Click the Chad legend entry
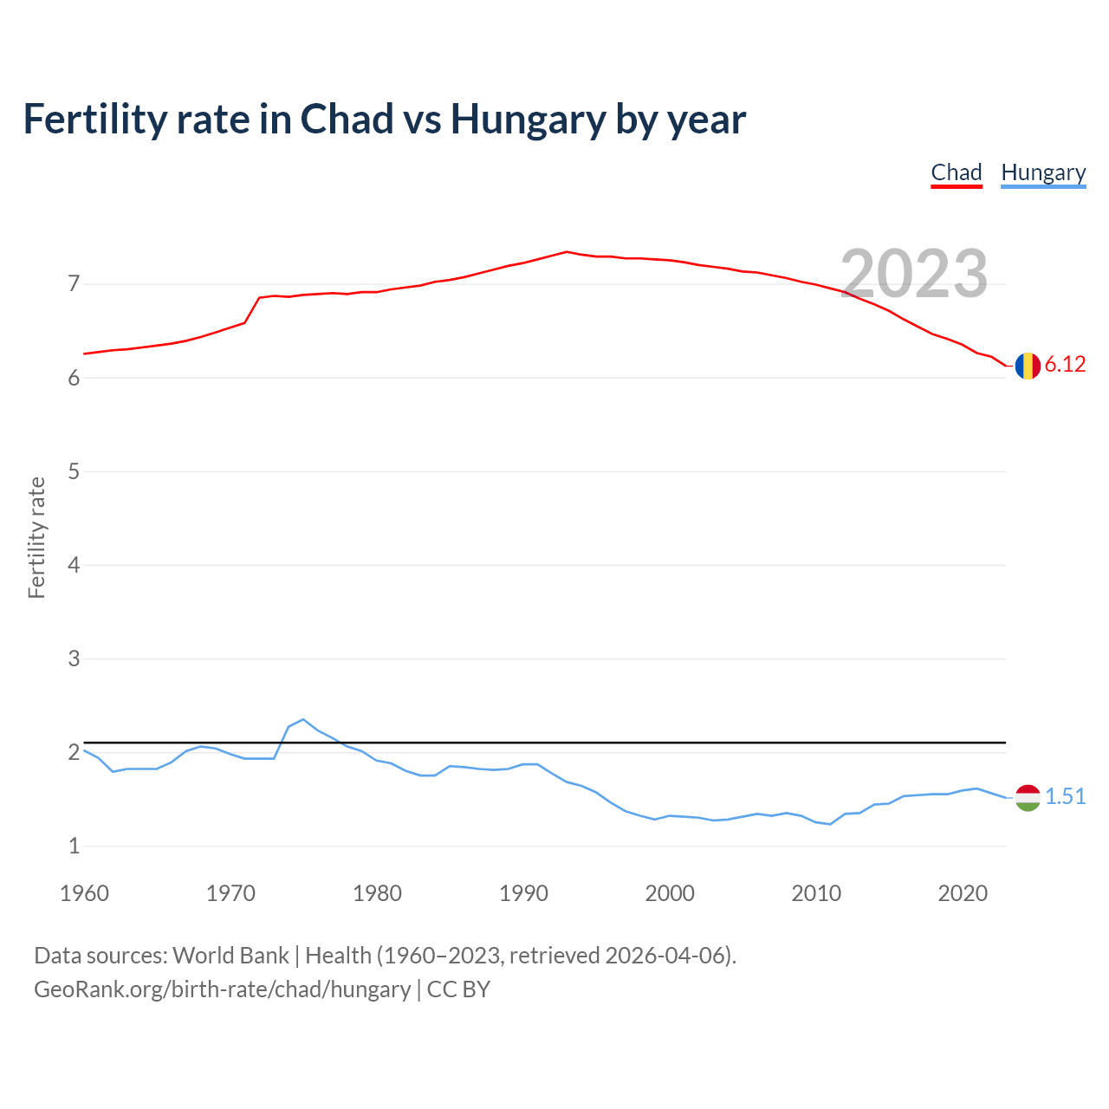click(957, 172)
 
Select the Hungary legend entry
click(1043, 172)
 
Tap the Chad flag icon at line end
click(1028, 366)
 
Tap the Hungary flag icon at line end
click(1028, 797)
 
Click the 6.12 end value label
click(1065, 365)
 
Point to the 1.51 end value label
click(1065, 796)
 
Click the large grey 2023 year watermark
click(914, 274)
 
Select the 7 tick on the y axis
click(74, 284)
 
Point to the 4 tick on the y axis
click(74, 565)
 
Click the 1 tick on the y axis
click(74, 846)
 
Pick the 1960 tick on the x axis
click(84, 893)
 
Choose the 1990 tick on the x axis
click(523, 893)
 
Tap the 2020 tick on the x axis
click(963, 893)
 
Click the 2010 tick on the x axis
click(816, 893)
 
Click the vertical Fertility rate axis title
click(36, 537)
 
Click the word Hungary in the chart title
click(528, 120)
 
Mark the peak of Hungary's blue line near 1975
click(302, 719)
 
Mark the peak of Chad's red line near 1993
click(567, 251)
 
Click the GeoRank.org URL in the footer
click(222, 989)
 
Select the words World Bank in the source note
click(230, 956)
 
